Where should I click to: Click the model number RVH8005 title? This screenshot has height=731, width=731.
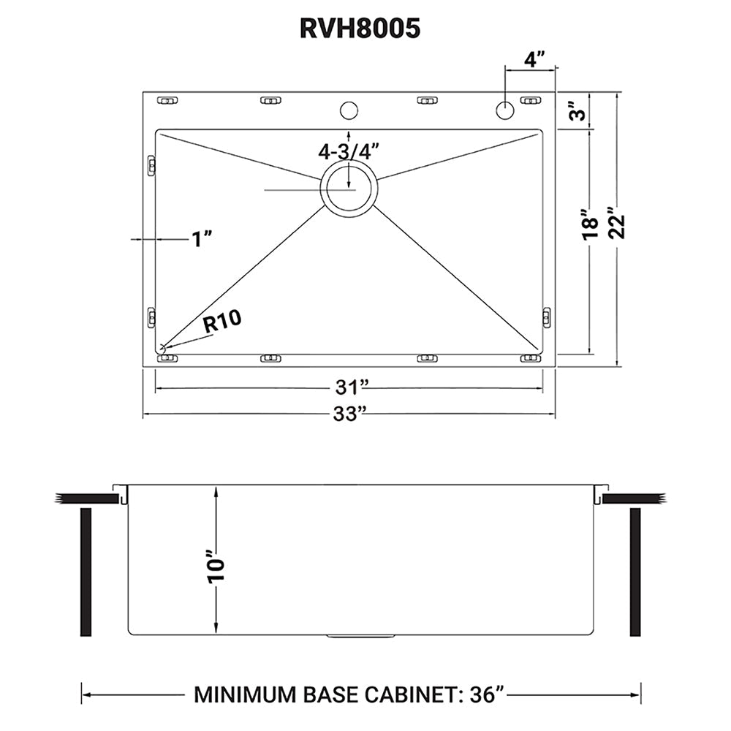pos(360,28)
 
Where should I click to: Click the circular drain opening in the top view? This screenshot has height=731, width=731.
pos(349,189)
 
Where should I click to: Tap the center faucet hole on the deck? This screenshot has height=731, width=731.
pos(349,111)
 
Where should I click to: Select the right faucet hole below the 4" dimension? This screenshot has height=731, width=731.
pos(504,111)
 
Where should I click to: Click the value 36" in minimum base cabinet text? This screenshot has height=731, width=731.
pos(485,694)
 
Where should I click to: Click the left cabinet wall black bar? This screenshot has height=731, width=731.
pos(85,572)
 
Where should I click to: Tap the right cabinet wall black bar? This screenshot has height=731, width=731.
pos(635,572)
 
